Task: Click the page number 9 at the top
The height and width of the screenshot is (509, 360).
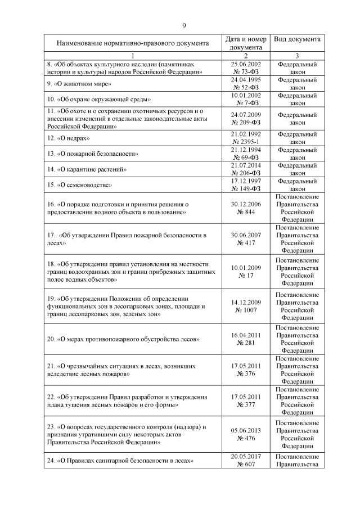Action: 183,25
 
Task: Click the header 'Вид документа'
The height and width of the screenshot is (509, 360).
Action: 298,39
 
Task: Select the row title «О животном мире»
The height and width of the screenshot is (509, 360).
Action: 79,84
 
